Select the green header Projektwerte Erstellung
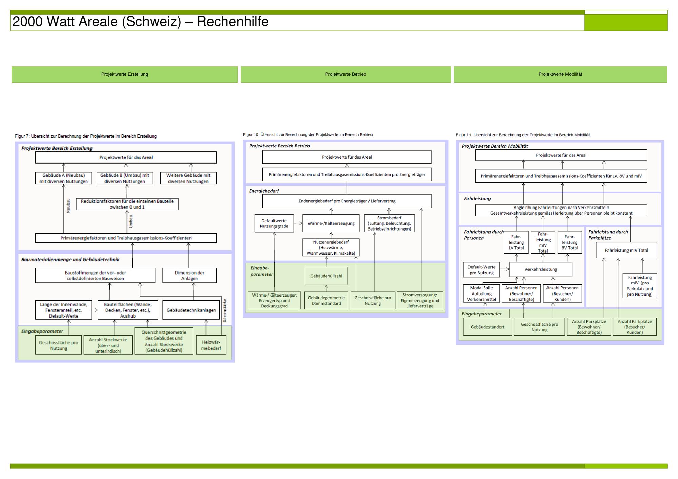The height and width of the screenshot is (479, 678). [x=124, y=74]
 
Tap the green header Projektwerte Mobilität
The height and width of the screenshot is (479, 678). [x=560, y=74]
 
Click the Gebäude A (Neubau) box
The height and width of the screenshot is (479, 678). [x=63, y=178]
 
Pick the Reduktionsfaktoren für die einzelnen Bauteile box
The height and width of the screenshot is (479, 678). [x=127, y=204]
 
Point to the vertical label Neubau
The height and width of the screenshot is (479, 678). [x=68, y=205]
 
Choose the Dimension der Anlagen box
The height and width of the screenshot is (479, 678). [x=190, y=276]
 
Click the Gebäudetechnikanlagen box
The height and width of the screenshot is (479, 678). [x=191, y=310]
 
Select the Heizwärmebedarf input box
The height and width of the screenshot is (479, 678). [x=211, y=345]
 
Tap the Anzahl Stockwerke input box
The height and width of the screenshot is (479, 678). [x=108, y=345]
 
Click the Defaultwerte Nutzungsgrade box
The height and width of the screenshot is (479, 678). [x=274, y=223]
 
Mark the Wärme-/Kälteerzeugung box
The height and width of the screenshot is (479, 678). [x=331, y=223]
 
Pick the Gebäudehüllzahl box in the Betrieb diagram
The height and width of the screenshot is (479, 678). [x=326, y=276]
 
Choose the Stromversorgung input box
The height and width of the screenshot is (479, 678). [x=420, y=300]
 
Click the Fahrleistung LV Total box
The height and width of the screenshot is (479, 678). [x=516, y=242]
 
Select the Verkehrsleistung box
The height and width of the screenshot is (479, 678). [x=540, y=269]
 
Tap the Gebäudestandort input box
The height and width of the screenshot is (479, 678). [x=487, y=327]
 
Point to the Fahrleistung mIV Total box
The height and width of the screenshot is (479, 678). [x=626, y=251]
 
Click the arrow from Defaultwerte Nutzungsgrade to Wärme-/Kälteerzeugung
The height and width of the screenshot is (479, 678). [x=298, y=223]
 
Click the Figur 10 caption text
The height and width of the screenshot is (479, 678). [x=308, y=135]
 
